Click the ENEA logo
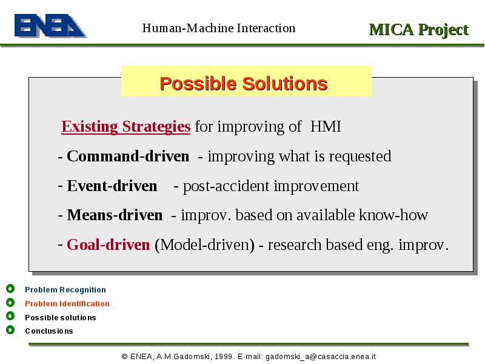coord(50,25)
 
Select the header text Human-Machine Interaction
coord(219,28)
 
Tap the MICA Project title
coord(419,30)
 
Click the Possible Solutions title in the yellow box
coord(244,84)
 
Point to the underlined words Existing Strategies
coord(126,126)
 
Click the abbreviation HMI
coord(326,126)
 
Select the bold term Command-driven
coord(128,156)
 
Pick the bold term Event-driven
coord(112,186)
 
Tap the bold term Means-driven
coord(115,215)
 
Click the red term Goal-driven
coord(109,244)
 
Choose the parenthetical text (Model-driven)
coord(204,245)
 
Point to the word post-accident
coord(226,186)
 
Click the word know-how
coord(393,215)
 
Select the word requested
coord(360,157)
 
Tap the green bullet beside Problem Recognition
coord(10,289)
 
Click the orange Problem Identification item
coord(67,304)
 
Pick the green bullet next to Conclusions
coord(10,330)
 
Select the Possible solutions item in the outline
coord(61,317)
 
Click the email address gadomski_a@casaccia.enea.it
coord(321,357)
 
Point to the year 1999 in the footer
coord(223,357)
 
